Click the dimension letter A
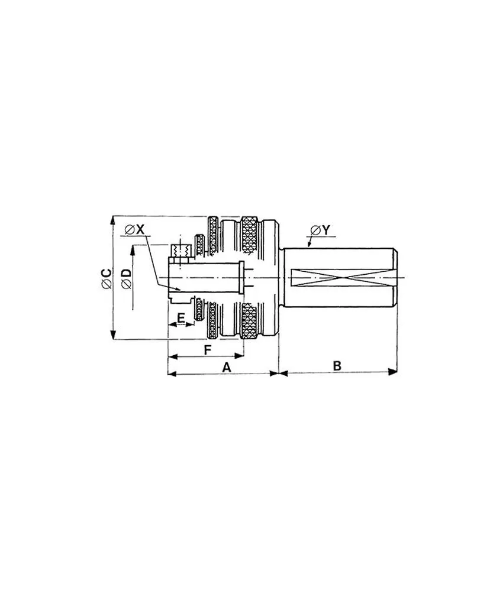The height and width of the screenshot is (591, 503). pos(226,367)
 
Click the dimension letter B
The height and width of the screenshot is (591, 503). pos(337,366)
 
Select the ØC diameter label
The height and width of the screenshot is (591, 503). pos(107,278)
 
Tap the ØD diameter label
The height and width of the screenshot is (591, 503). pos(127,279)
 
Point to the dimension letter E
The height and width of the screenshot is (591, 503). pos(181,318)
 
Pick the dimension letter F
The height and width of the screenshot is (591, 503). pos(207,350)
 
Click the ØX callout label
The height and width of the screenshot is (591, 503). pos(135,229)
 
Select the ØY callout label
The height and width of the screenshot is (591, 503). pos(320,229)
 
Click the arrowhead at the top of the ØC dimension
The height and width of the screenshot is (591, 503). pos(112,220)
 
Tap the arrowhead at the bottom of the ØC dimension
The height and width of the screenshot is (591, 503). pos(112,335)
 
